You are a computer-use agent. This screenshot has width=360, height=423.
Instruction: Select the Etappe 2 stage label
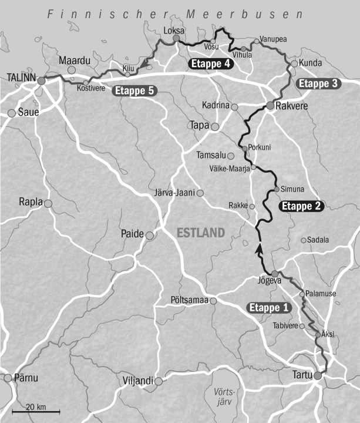point(301,206)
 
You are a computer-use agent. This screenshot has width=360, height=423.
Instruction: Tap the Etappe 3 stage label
point(318,83)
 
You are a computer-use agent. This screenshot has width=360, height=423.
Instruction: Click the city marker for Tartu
point(318,375)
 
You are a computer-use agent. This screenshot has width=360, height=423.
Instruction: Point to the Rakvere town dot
point(270,106)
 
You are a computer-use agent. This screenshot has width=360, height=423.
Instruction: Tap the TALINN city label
point(21,77)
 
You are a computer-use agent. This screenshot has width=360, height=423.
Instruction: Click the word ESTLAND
point(201,233)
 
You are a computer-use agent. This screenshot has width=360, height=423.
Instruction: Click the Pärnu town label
point(26,378)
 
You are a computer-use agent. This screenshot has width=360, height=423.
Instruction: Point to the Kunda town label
point(311,62)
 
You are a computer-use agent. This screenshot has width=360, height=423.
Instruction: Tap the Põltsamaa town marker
point(214,301)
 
